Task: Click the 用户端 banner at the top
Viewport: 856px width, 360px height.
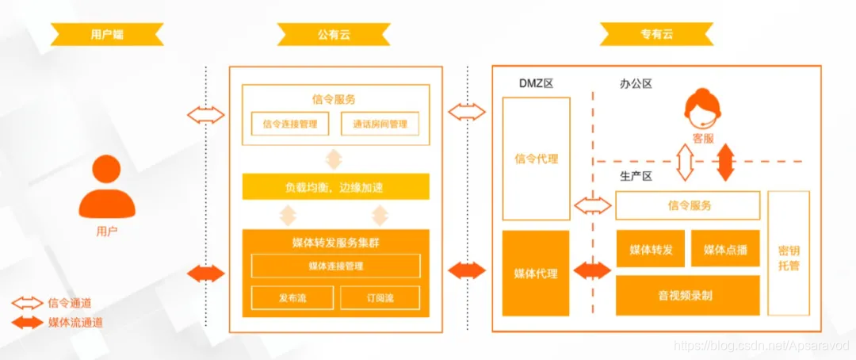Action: point(107,34)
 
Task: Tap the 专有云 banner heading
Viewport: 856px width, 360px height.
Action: point(656,34)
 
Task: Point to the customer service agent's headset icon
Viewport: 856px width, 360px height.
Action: point(702,112)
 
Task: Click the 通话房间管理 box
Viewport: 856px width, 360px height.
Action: point(379,124)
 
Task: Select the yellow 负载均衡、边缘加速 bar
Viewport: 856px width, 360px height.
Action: point(335,187)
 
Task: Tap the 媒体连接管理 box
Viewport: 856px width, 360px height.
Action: point(335,266)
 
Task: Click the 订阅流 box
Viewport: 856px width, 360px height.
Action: point(379,298)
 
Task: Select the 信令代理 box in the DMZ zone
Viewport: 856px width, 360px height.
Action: point(536,159)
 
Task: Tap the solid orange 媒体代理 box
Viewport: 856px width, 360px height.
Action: point(536,274)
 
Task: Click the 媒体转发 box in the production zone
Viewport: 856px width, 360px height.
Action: point(651,250)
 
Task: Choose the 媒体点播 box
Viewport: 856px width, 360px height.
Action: point(725,250)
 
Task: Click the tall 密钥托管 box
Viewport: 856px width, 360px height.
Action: point(789,252)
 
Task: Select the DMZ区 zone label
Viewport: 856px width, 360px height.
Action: point(536,83)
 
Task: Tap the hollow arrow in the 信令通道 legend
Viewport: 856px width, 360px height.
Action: point(27,302)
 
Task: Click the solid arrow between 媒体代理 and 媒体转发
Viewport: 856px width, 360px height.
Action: point(592,270)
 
